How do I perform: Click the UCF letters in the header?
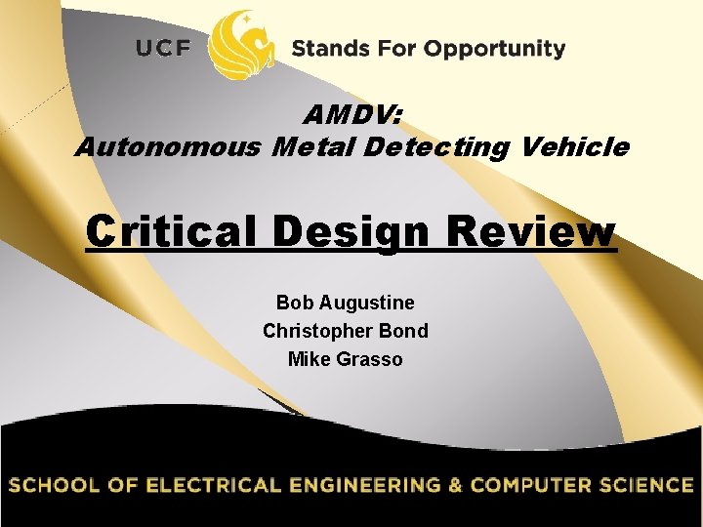pyautogui.click(x=163, y=49)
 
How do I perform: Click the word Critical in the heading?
pyautogui.click(x=173, y=233)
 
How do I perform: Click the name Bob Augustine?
pyautogui.click(x=345, y=303)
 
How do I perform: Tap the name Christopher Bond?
pyautogui.click(x=345, y=331)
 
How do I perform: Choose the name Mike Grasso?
pyautogui.click(x=345, y=359)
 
